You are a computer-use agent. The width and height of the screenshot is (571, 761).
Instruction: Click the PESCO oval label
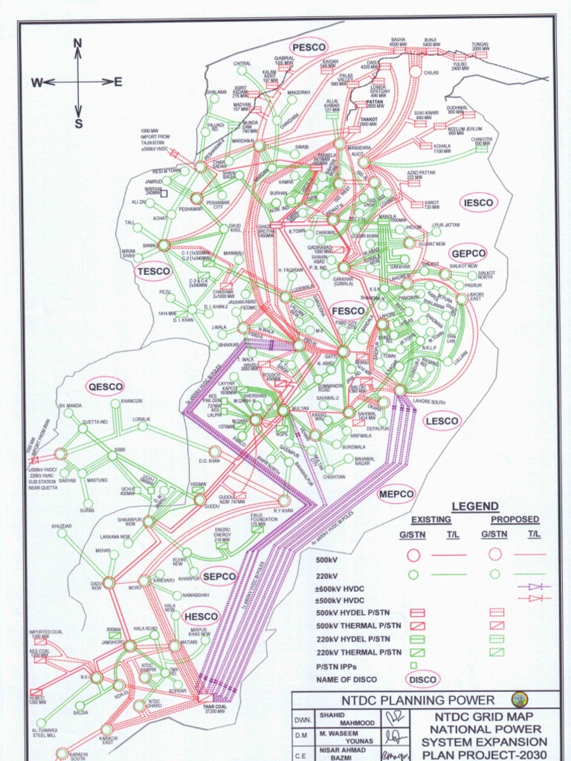click(309, 47)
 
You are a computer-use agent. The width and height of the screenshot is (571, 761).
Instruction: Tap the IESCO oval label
click(477, 202)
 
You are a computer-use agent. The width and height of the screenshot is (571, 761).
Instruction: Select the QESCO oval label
click(105, 387)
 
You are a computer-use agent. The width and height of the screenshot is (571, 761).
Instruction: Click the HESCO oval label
click(201, 616)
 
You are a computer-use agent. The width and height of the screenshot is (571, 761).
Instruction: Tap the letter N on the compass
click(77, 45)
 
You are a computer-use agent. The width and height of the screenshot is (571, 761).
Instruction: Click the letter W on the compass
click(36, 83)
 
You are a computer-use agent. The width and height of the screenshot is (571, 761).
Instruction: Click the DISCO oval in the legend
click(422, 679)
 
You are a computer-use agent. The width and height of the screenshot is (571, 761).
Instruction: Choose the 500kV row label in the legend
click(327, 560)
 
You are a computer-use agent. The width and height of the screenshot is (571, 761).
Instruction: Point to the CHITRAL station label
click(242, 64)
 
